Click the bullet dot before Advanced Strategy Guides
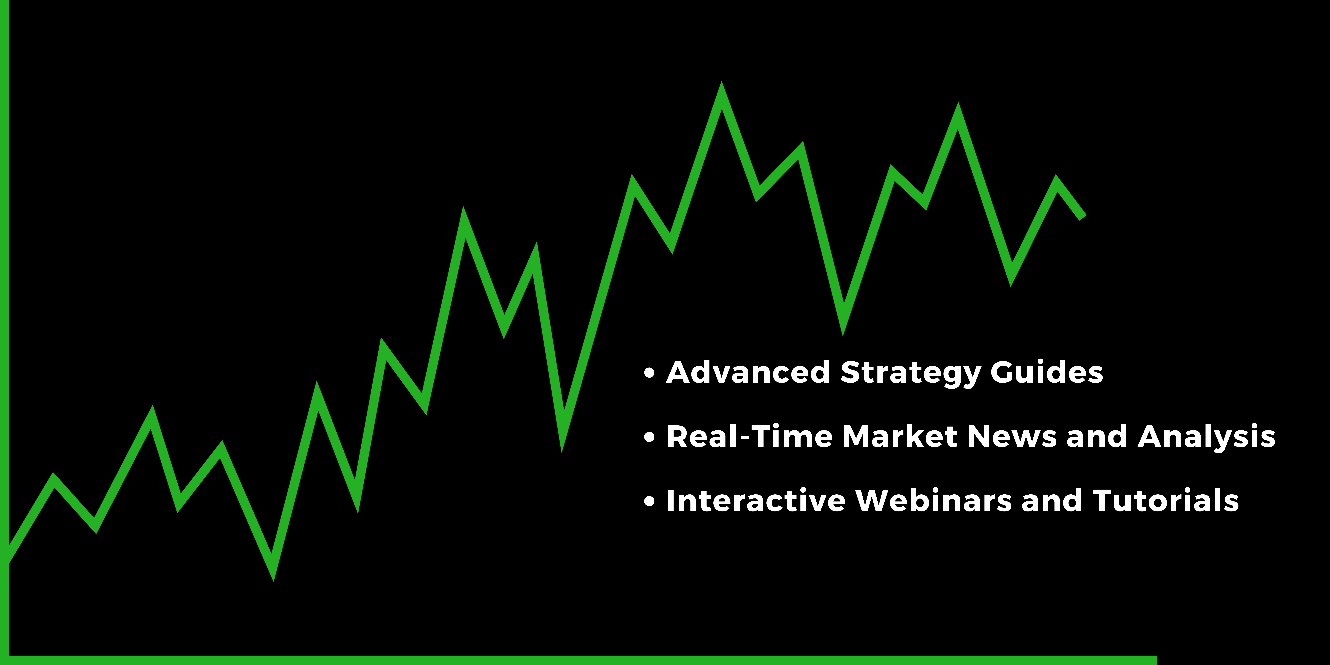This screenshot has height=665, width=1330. (x=649, y=373)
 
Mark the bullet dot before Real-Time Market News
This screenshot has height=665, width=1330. (x=649, y=437)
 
